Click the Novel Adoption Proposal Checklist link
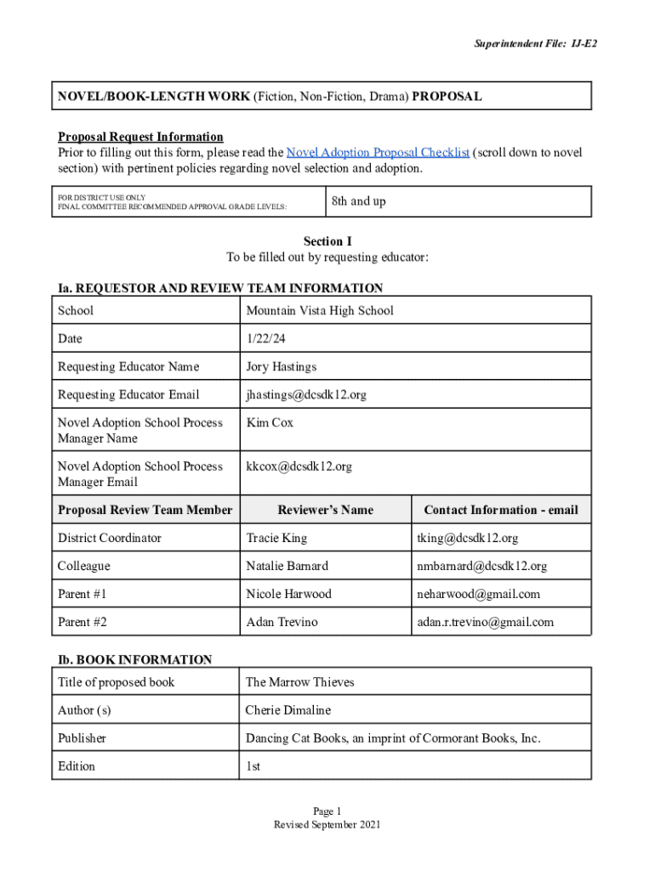[378, 153]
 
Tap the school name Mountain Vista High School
[319, 311]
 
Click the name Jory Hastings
[281, 367]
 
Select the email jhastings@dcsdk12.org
[306, 395]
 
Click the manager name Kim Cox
[270, 423]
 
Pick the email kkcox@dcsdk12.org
[299, 466]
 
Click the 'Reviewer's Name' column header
[326, 511]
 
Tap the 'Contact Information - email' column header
[500, 511]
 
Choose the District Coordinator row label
[109, 539]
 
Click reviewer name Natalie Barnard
[287, 567]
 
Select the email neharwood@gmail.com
[478, 595]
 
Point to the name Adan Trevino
[282, 623]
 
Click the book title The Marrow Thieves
[299, 683]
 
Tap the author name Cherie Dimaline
[288, 711]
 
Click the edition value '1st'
[253, 767]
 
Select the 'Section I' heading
[327, 242]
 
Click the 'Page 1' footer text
[327, 811]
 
